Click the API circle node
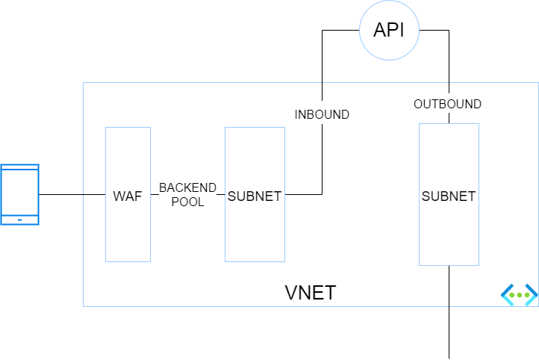click(388, 31)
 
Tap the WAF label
click(128, 196)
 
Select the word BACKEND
click(187, 187)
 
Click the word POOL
click(187, 202)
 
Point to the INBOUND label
click(322, 115)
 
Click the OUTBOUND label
click(448, 104)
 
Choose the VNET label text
click(311, 293)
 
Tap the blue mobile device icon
click(20, 194)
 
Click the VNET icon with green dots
click(519, 294)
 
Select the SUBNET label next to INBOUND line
click(255, 196)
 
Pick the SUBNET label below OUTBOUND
click(449, 196)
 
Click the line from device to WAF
click(72, 195)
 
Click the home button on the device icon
click(20, 220)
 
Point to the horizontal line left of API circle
click(340, 31)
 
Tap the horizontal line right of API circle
click(434, 31)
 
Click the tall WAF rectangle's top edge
click(128, 127)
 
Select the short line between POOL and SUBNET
click(221, 195)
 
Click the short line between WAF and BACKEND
click(155, 195)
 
